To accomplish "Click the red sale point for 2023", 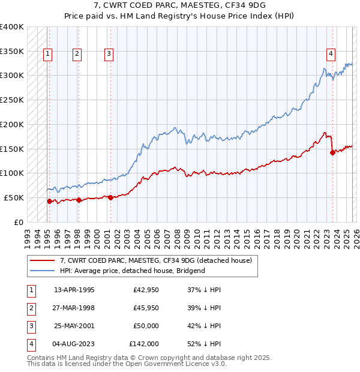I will (332, 152).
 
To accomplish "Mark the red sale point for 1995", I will (49, 201).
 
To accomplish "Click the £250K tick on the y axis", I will (12, 100).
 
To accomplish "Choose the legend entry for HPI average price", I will (132, 271).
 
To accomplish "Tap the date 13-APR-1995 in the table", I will (74, 290).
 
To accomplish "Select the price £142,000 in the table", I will (144, 344).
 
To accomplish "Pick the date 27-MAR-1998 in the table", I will (74, 308).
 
